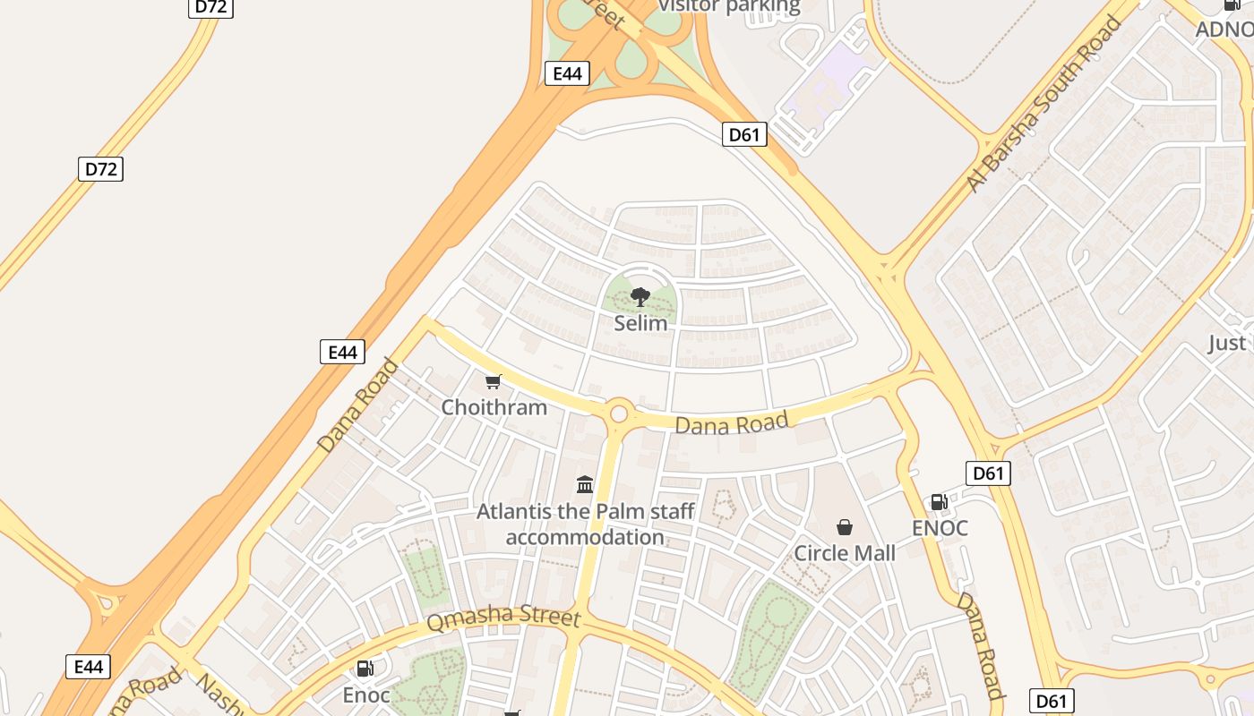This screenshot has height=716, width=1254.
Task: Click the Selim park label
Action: point(640,323)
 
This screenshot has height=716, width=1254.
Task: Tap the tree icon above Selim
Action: point(640,297)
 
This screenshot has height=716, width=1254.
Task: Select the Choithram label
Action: point(494,407)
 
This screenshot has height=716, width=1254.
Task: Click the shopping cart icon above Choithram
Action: point(493,382)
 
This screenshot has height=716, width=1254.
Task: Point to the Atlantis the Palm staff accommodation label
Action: point(585,524)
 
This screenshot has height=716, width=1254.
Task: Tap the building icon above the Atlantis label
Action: point(585,484)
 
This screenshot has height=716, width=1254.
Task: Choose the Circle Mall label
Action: point(844,553)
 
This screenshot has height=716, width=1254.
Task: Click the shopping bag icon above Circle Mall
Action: point(844,527)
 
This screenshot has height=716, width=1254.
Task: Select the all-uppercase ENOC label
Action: point(940,528)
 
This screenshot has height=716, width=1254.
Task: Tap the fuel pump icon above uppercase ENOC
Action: point(939,502)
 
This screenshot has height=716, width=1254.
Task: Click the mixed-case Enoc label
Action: point(366,695)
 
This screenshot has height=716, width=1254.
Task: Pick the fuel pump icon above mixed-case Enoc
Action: point(365,669)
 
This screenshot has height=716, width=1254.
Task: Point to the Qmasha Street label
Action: point(503,619)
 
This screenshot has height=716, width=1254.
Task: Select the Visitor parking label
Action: point(729,7)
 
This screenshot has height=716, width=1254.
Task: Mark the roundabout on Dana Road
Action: point(618,413)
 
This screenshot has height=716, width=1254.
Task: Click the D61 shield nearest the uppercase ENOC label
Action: point(988,473)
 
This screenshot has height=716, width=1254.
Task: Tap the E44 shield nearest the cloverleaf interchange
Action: point(567,73)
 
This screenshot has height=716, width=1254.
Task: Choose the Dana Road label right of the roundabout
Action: point(732,423)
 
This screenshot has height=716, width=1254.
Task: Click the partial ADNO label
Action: point(1224,29)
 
